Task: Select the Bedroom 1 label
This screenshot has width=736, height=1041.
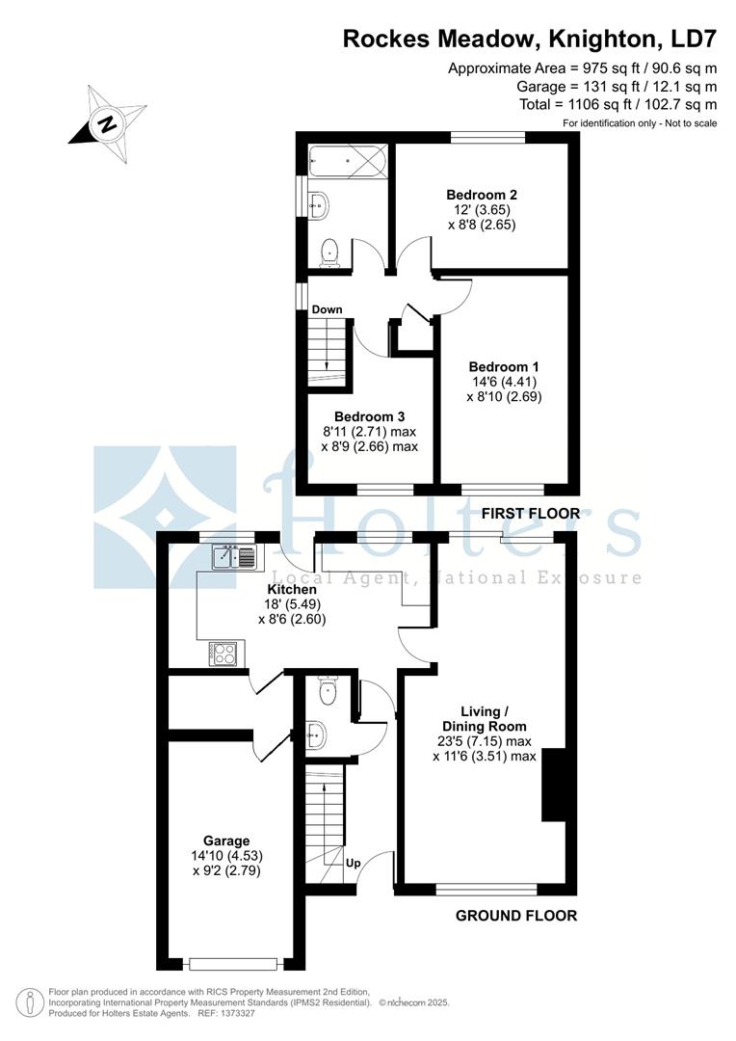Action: [x=503, y=366]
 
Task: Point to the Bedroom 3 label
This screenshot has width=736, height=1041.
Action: [x=371, y=417]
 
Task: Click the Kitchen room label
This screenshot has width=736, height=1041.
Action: [x=292, y=589]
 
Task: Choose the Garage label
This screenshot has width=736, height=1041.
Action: [x=226, y=840]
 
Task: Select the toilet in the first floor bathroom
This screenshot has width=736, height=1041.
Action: [x=329, y=252]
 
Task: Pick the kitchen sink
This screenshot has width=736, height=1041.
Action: [x=234, y=556]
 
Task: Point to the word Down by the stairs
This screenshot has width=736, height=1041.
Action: [x=327, y=309]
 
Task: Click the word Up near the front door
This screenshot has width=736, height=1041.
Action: [x=354, y=863]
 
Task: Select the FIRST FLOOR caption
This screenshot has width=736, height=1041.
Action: [x=531, y=514]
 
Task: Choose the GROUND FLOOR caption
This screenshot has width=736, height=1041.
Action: [x=516, y=916]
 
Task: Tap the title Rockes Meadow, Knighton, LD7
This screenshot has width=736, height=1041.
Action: [x=531, y=39]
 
